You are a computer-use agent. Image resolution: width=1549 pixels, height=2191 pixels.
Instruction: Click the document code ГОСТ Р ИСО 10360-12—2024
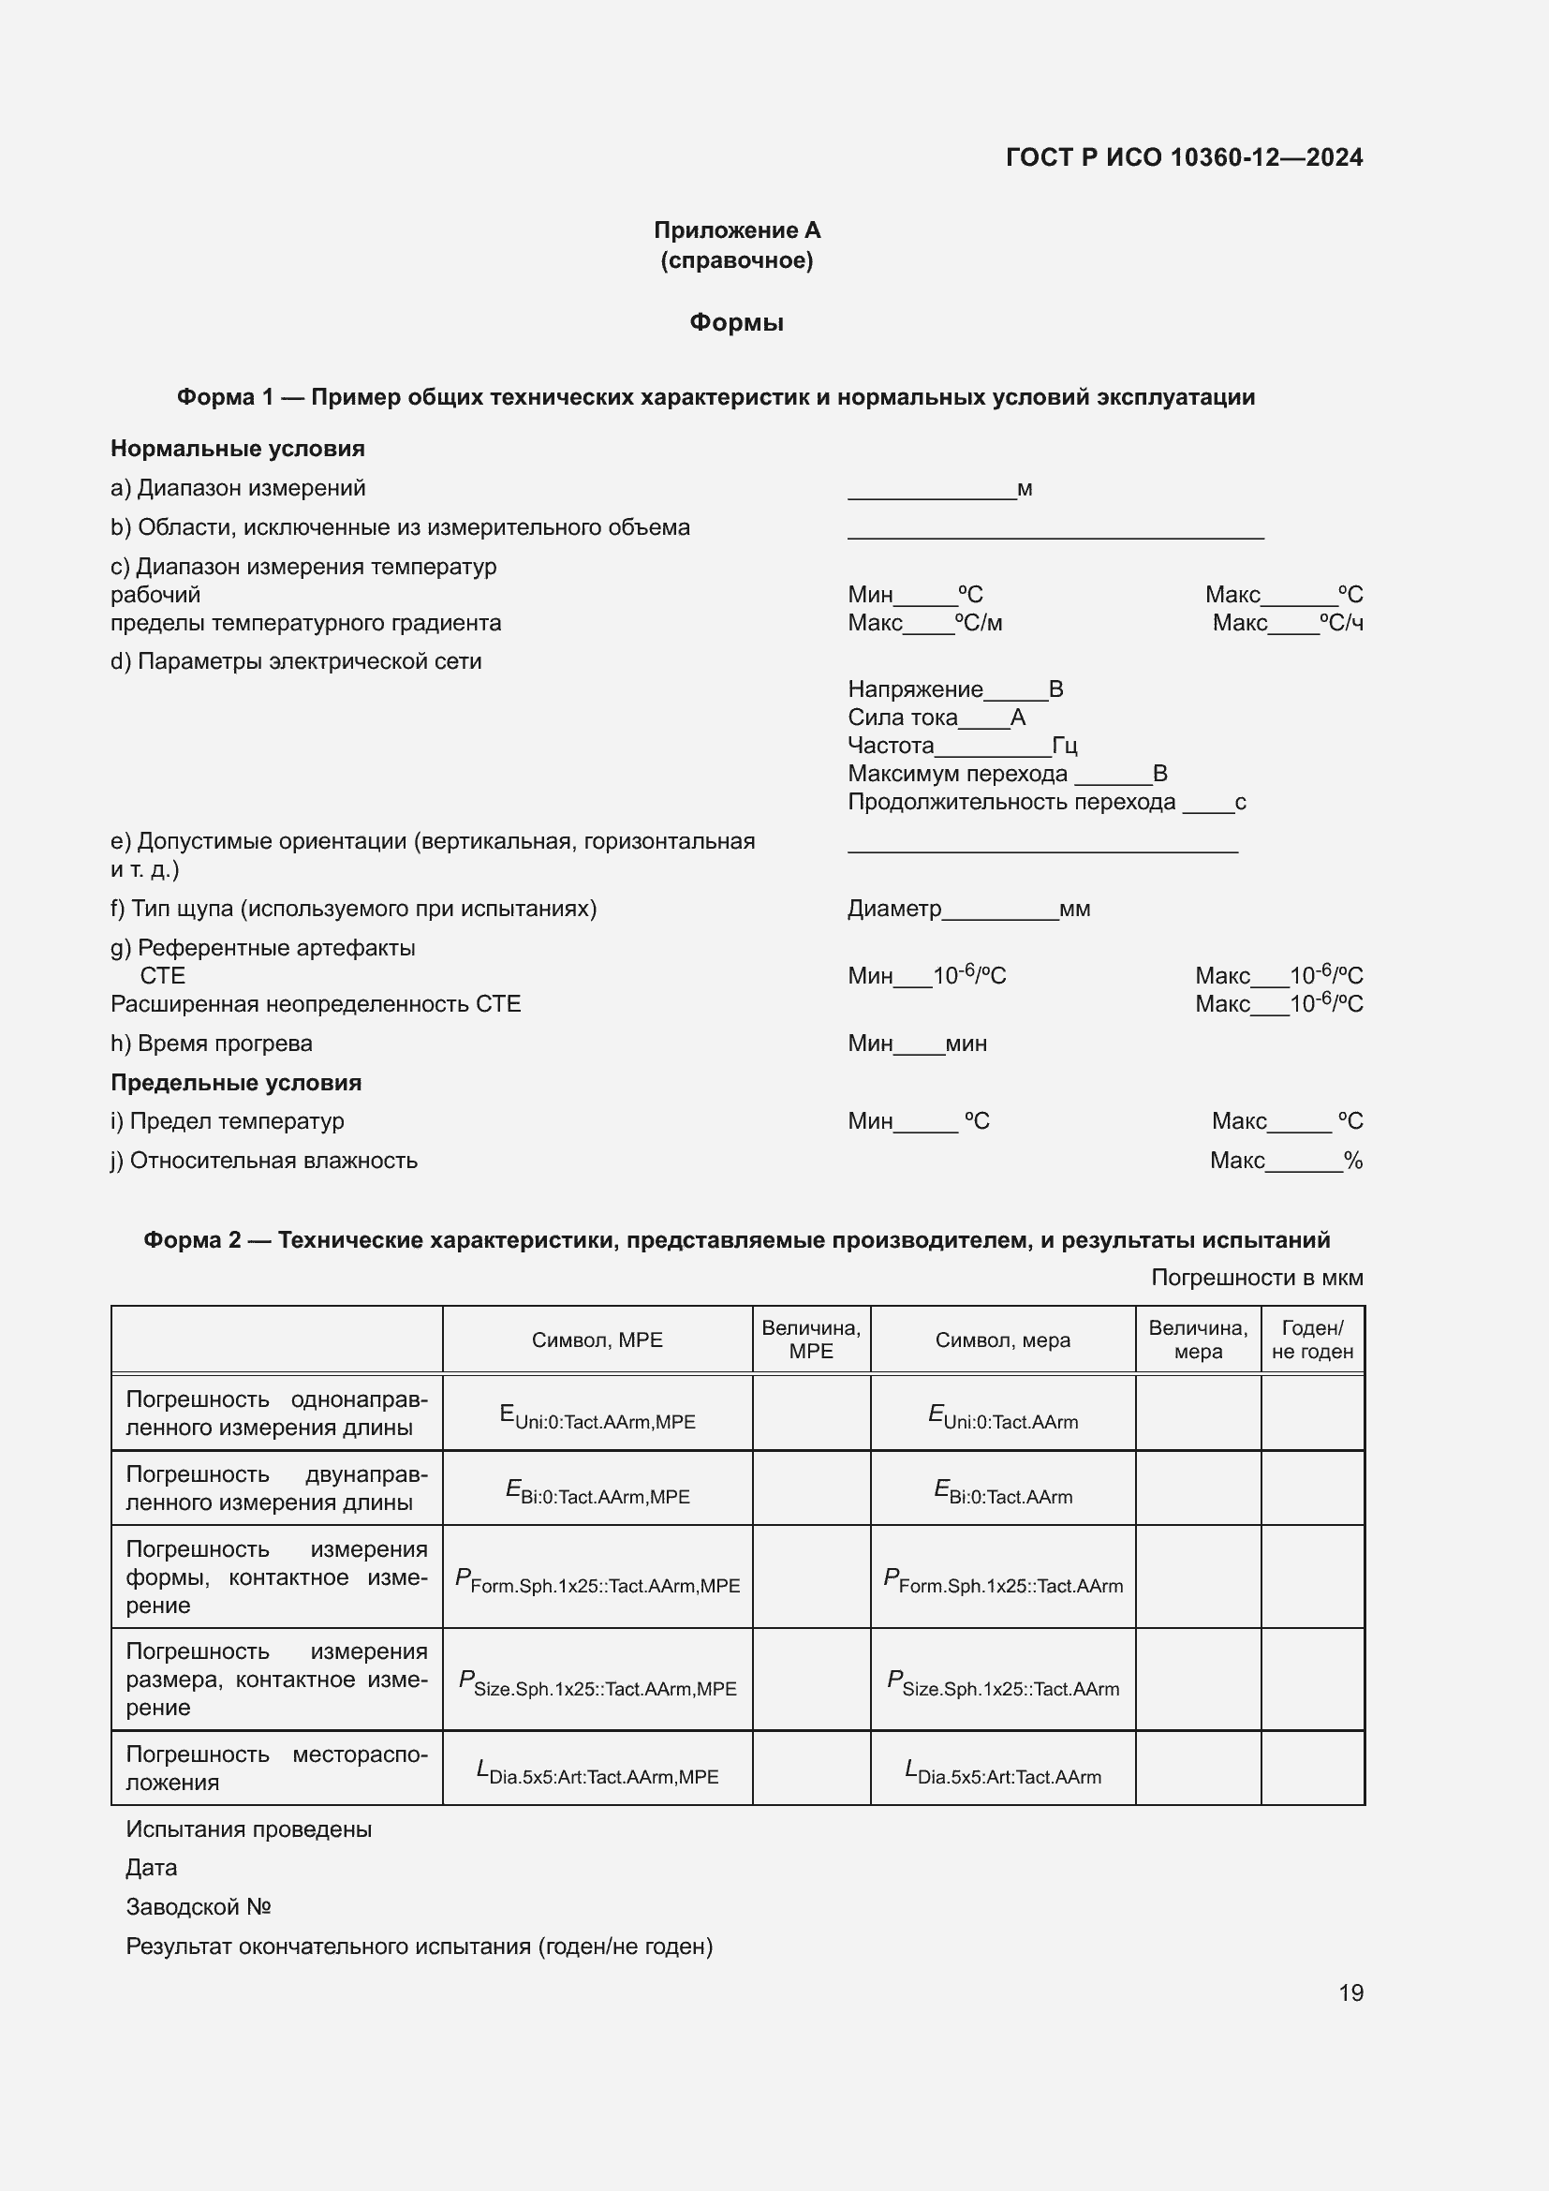click(x=1184, y=157)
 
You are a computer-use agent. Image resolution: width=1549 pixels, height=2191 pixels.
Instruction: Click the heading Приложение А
click(x=736, y=230)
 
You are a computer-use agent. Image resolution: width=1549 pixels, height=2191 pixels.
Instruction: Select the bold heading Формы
click(x=736, y=322)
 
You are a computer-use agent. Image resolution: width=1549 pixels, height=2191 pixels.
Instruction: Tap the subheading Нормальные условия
click(x=238, y=449)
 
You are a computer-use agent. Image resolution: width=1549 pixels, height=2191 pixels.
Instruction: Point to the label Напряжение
click(x=915, y=689)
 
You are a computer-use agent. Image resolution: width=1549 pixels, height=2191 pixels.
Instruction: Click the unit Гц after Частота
click(x=1065, y=746)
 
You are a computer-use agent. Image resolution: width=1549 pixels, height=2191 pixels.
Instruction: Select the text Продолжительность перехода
click(x=1011, y=802)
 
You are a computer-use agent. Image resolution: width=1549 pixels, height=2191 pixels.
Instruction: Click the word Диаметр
click(x=893, y=909)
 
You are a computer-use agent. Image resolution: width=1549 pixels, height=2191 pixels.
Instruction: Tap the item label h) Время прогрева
click(x=212, y=1043)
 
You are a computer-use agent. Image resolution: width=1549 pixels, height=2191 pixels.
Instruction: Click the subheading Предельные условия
click(x=236, y=1082)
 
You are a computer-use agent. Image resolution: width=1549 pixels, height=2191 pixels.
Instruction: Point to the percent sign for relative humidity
click(x=1352, y=1161)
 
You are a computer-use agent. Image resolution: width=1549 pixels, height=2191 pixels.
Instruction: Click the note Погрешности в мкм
click(x=1256, y=1277)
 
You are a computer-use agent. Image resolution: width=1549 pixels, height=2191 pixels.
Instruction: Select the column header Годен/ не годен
click(x=1311, y=1339)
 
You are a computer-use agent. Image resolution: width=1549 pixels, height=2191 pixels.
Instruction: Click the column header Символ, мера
click(x=1001, y=1340)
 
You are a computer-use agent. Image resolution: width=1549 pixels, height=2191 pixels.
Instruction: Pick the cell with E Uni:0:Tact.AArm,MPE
click(x=597, y=1415)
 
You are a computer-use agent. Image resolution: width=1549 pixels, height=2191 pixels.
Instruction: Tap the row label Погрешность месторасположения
click(x=276, y=1768)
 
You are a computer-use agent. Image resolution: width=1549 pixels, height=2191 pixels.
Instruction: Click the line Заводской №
click(x=199, y=1906)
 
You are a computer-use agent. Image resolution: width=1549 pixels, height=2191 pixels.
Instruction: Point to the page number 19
click(x=1350, y=1992)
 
